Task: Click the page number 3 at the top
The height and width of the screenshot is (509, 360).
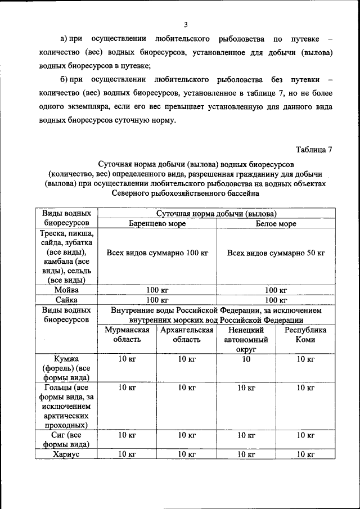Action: pos(185,24)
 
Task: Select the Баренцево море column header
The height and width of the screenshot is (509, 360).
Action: pos(157,224)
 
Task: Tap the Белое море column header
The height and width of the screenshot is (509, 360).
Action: pos(276,224)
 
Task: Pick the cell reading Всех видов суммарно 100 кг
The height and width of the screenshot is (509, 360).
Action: pos(157,253)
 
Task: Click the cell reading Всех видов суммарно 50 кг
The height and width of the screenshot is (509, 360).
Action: pos(276,253)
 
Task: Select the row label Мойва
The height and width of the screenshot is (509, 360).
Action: pos(66,290)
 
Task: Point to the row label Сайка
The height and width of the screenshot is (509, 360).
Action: pos(66,300)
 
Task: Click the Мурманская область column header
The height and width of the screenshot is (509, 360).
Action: pos(127,335)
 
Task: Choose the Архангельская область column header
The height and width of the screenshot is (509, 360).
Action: pos(186,335)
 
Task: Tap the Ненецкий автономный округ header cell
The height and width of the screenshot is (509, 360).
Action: pos(246,340)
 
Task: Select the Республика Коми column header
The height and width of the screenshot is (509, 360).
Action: pos(305,335)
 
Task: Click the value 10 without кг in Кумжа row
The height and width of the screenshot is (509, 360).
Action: pos(246,359)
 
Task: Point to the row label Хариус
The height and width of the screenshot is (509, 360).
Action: pos(66,454)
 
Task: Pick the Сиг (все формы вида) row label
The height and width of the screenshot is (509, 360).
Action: pos(66,439)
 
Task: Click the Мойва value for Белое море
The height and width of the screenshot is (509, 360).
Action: pos(276,290)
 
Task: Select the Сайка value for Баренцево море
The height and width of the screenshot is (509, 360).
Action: pos(157,300)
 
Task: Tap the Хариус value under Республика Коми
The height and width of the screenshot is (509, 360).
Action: pos(305,454)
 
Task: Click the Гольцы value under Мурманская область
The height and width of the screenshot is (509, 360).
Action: pos(127,388)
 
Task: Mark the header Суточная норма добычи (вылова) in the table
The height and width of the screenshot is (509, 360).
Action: pos(216,214)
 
